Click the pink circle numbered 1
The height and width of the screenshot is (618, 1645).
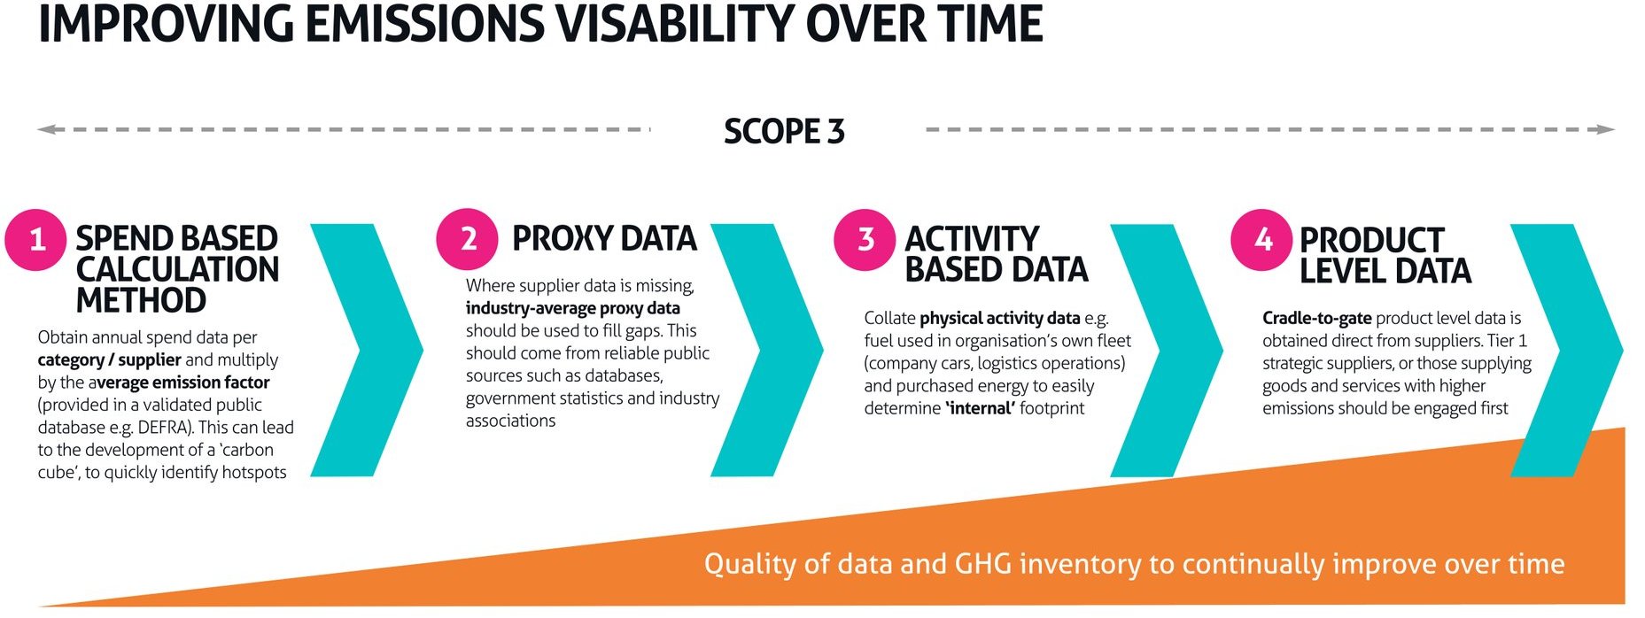35,240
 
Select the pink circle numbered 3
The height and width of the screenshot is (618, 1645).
865,239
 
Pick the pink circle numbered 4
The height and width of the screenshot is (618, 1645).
1261,239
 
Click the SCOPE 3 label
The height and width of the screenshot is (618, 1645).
784,131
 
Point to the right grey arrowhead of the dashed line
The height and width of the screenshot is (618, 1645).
1605,129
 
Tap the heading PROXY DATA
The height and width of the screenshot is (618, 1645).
605,238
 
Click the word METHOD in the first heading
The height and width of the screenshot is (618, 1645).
141,300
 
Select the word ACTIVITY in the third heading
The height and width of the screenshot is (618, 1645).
972,239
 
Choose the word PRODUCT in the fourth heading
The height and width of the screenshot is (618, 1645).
1371,240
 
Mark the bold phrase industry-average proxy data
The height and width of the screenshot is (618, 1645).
573,308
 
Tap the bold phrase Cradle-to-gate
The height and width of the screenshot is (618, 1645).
1317,318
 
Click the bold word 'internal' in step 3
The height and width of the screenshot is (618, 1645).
980,408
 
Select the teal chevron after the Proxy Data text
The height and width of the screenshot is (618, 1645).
767,350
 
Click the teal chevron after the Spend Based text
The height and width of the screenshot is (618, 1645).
368,350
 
